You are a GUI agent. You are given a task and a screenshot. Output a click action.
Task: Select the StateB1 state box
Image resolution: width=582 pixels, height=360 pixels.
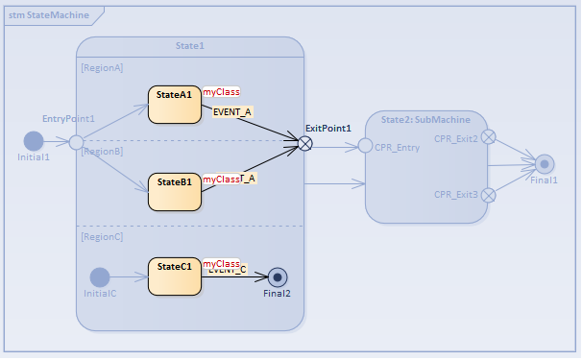pyautogui.click(x=175, y=190)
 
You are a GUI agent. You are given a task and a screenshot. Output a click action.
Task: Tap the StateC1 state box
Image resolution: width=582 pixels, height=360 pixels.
pyautogui.click(x=175, y=275)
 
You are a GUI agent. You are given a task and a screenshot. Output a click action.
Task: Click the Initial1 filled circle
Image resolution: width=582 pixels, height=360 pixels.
pyautogui.click(x=34, y=141)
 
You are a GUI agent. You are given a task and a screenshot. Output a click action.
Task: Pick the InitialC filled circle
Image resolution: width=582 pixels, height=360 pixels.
pyautogui.click(x=100, y=276)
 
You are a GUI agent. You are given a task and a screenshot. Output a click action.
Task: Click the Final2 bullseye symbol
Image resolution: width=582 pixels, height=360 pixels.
pyautogui.click(x=279, y=276)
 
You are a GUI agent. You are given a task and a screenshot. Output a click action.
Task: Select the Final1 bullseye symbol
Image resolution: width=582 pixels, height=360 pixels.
pyautogui.click(x=545, y=163)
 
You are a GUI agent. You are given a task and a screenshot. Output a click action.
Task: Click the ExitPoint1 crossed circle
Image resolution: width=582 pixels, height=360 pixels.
pyautogui.click(x=304, y=144)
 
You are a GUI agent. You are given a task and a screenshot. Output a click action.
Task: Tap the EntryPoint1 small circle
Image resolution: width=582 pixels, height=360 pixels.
pyautogui.click(x=76, y=143)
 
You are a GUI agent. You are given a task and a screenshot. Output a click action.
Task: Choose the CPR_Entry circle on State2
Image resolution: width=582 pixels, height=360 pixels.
pyautogui.click(x=365, y=146)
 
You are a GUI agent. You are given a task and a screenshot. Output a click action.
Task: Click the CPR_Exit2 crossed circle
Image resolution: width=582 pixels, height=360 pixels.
pyautogui.click(x=488, y=137)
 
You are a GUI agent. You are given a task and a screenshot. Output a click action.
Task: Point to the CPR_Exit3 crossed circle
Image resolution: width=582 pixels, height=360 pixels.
pyautogui.click(x=488, y=195)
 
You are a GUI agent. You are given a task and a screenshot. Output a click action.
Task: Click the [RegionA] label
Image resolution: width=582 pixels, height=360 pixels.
pyautogui.click(x=102, y=68)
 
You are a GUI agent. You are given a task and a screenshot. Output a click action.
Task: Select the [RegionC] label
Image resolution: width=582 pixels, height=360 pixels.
pyautogui.click(x=102, y=236)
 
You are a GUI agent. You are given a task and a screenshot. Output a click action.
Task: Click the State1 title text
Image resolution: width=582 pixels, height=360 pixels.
pyautogui.click(x=190, y=45)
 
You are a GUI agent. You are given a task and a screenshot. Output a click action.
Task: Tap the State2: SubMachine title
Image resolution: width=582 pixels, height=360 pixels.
pyautogui.click(x=425, y=120)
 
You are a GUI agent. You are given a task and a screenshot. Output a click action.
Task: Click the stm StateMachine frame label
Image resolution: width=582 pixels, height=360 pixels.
pyautogui.click(x=49, y=14)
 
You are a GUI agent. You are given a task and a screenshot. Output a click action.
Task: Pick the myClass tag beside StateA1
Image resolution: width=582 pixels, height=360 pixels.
pyautogui.click(x=221, y=92)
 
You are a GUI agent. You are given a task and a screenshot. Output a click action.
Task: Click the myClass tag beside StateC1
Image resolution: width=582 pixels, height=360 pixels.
pyautogui.click(x=221, y=263)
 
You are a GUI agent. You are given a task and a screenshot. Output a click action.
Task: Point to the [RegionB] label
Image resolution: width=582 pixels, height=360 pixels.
pyautogui.click(x=102, y=152)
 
